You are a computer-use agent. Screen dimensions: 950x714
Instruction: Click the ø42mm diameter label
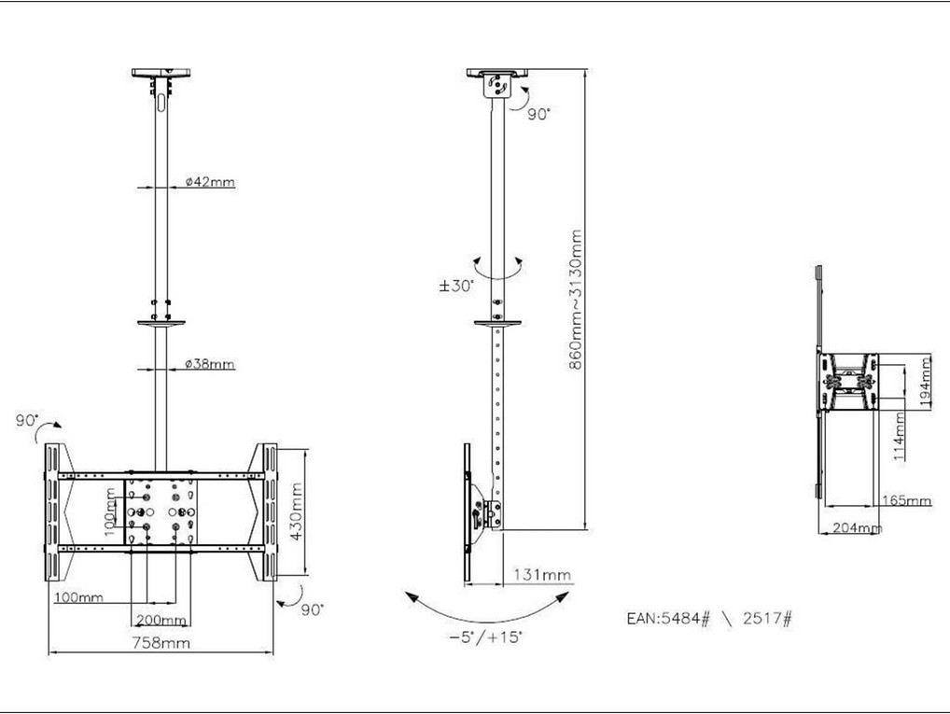(210, 181)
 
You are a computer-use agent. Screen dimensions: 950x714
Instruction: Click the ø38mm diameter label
(210, 364)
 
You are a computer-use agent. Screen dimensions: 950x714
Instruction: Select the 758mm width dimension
(161, 642)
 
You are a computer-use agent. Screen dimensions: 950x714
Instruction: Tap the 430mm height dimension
(296, 512)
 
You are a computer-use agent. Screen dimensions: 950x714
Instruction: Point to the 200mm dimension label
(161, 620)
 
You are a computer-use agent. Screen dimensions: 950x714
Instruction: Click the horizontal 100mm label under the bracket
(78, 597)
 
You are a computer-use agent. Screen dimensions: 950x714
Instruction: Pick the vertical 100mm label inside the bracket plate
(110, 512)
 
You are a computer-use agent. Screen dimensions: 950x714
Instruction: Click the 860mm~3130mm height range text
(576, 299)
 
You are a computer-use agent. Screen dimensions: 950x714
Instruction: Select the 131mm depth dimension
(542, 574)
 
